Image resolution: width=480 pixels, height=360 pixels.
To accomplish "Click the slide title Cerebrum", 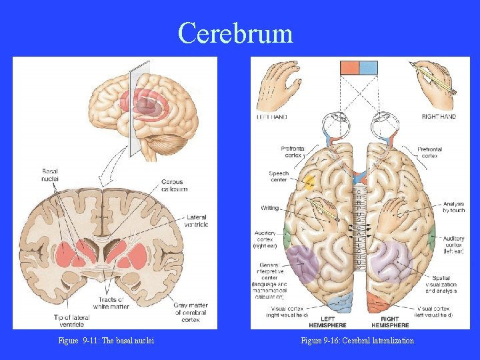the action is pos(235,33).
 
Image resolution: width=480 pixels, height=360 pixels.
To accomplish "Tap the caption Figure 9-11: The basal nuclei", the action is pos(106,341).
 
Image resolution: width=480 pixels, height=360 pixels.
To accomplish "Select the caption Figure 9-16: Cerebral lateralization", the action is pos(357,341).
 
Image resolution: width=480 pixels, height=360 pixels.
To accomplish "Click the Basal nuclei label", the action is pos(50,175).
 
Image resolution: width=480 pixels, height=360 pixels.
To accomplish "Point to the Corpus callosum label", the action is pos(174,185).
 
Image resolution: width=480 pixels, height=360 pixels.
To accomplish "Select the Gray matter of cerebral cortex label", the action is pos(191,312).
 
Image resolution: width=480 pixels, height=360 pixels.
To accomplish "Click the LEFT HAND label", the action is pos(272,117).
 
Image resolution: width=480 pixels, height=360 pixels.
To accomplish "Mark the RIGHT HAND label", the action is pos(439,117).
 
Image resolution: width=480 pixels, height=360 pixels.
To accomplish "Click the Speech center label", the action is pos(279,177).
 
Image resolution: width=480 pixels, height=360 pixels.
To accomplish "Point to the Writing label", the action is pos(269,208).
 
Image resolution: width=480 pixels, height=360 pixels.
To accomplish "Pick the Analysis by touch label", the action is pos(453,206).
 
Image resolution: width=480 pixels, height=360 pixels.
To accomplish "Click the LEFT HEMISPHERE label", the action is pos(327,322).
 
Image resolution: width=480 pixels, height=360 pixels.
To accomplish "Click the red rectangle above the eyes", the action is pos(350,67).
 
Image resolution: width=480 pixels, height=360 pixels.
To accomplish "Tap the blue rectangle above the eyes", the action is pos(368,67).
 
